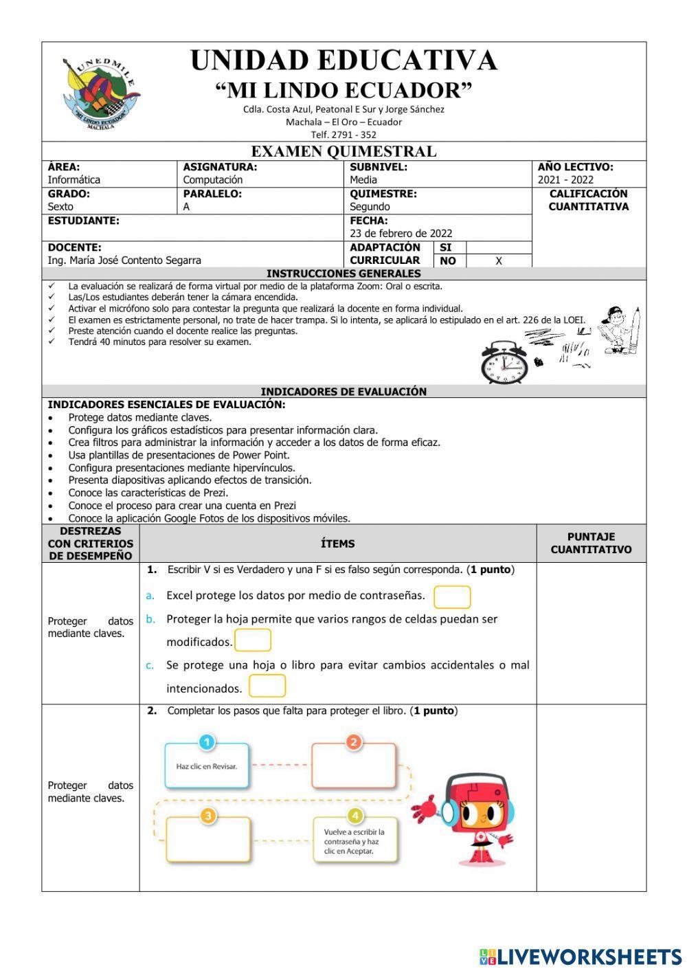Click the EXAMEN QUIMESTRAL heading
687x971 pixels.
[x=343, y=151]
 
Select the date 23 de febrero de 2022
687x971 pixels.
[x=401, y=234]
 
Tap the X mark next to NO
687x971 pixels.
[x=499, y=261]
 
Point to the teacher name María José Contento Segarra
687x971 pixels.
[x=124, y=260]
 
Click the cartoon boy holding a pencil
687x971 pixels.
[x=620, y=331]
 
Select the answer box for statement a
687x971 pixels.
[x=452, y=596]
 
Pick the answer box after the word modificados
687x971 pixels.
[x=253, y=640]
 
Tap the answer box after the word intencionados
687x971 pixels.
[x=267, y=687]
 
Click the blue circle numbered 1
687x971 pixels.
[x=207, y=741]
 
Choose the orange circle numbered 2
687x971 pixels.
[x=353, y=741]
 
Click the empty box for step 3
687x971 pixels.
[x=208, y=839]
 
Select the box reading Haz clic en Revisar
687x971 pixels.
[x=207, y=766]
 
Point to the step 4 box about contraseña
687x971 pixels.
[x=354, y=840]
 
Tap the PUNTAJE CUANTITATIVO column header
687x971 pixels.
[x=591, y=543]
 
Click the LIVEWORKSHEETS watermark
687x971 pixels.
[x=580, y=956]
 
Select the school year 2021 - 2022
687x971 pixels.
[x=565, y=180]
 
